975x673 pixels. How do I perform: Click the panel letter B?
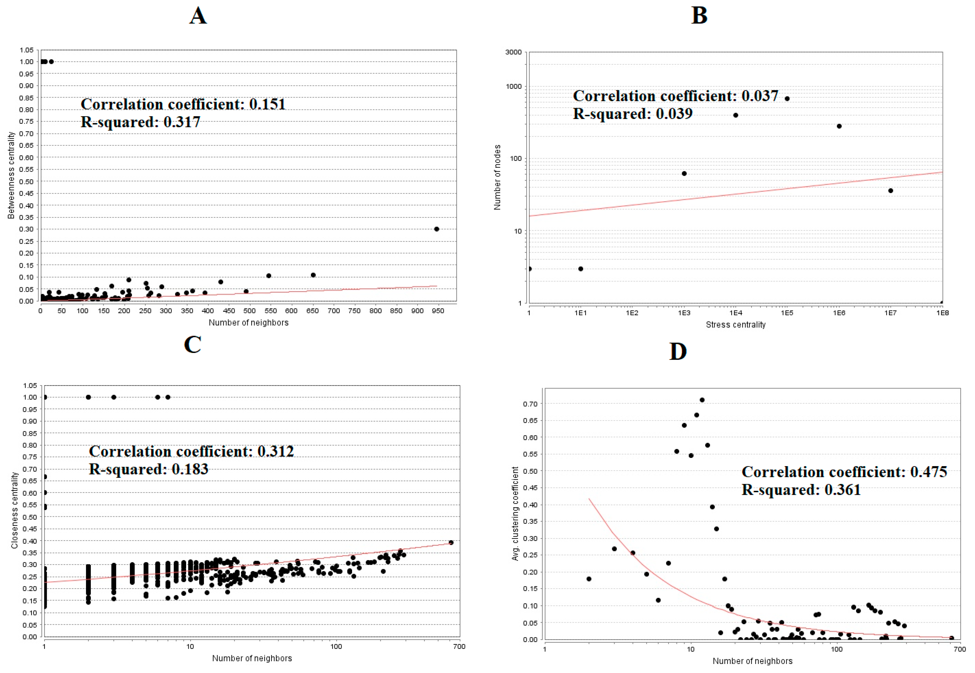pyautogui.click(x=699, y=16)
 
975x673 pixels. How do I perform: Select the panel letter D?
pyautogui.click(x=678, y=351)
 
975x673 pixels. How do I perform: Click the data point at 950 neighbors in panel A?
pyautogui.click(x=437, y=229)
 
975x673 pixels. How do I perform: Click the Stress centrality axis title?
pyautogui.click(x=735, y=325)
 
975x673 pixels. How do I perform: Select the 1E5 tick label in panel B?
pyautogui.click(x=787, y=313)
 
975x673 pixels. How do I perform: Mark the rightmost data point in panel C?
pyautogui.click(x=451, y=543)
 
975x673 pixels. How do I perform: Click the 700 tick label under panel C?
pyautogui.click(x=459, y=646)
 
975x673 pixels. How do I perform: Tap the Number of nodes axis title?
pyautogui.click(x=497, y=177)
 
